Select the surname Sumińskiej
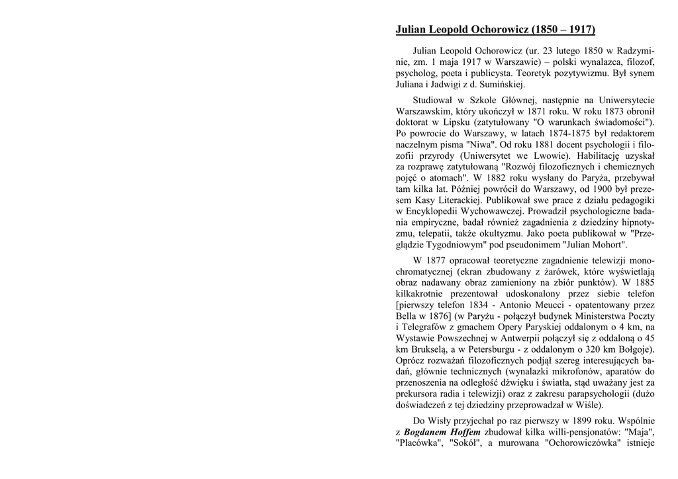click(x=501, y=84)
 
